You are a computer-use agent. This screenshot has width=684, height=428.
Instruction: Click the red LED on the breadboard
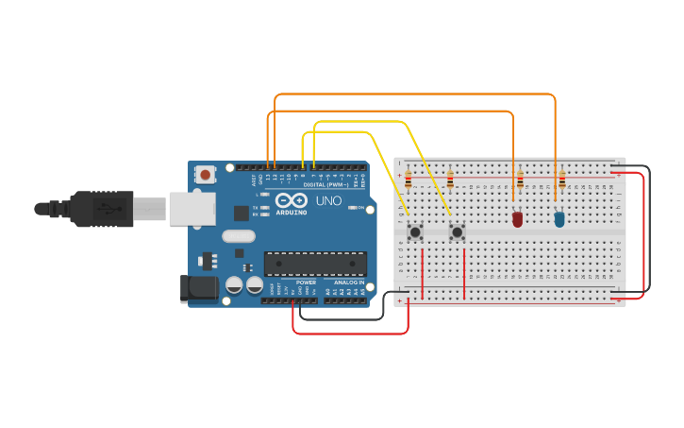tap(517, 219)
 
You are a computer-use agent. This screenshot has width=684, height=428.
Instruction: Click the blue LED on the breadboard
tap(559, 219)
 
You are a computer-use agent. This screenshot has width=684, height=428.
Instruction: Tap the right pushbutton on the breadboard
tap(458, 231)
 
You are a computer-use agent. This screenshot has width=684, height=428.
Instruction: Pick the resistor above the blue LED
tap(562, 179)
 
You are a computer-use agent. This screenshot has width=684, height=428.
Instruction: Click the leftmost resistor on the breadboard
tap(408, 179)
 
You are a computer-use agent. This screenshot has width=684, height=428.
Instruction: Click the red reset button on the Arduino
tap(205, 174)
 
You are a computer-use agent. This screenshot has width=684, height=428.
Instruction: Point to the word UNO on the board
tap(328, 201)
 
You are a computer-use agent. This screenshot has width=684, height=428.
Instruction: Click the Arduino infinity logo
tap(292, 199)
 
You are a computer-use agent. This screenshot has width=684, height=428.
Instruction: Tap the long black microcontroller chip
tap(315, 264)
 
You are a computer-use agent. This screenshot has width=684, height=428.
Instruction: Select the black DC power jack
tap(199, 289)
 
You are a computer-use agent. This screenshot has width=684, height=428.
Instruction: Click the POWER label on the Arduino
tap(306, 282)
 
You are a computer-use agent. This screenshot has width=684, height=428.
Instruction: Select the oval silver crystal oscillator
tap(239, 236)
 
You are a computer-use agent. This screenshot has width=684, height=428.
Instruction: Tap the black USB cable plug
tap(104, 209)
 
